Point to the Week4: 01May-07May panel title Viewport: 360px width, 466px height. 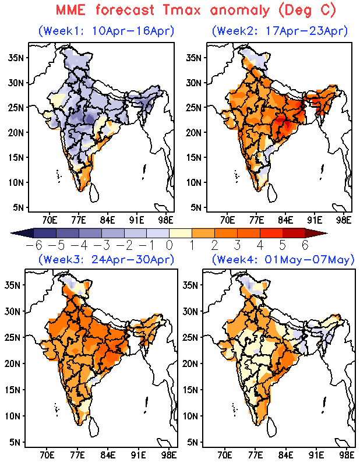(x=283, y=259)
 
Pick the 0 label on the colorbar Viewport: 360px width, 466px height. (x=170, y=245)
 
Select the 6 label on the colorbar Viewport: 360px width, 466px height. (x=304, y=245)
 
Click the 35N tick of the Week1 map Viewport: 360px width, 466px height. (x=15, y=57)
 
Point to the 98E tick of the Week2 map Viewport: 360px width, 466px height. (x=344, y=220)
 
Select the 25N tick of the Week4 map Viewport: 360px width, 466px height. (x=192, y=337)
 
